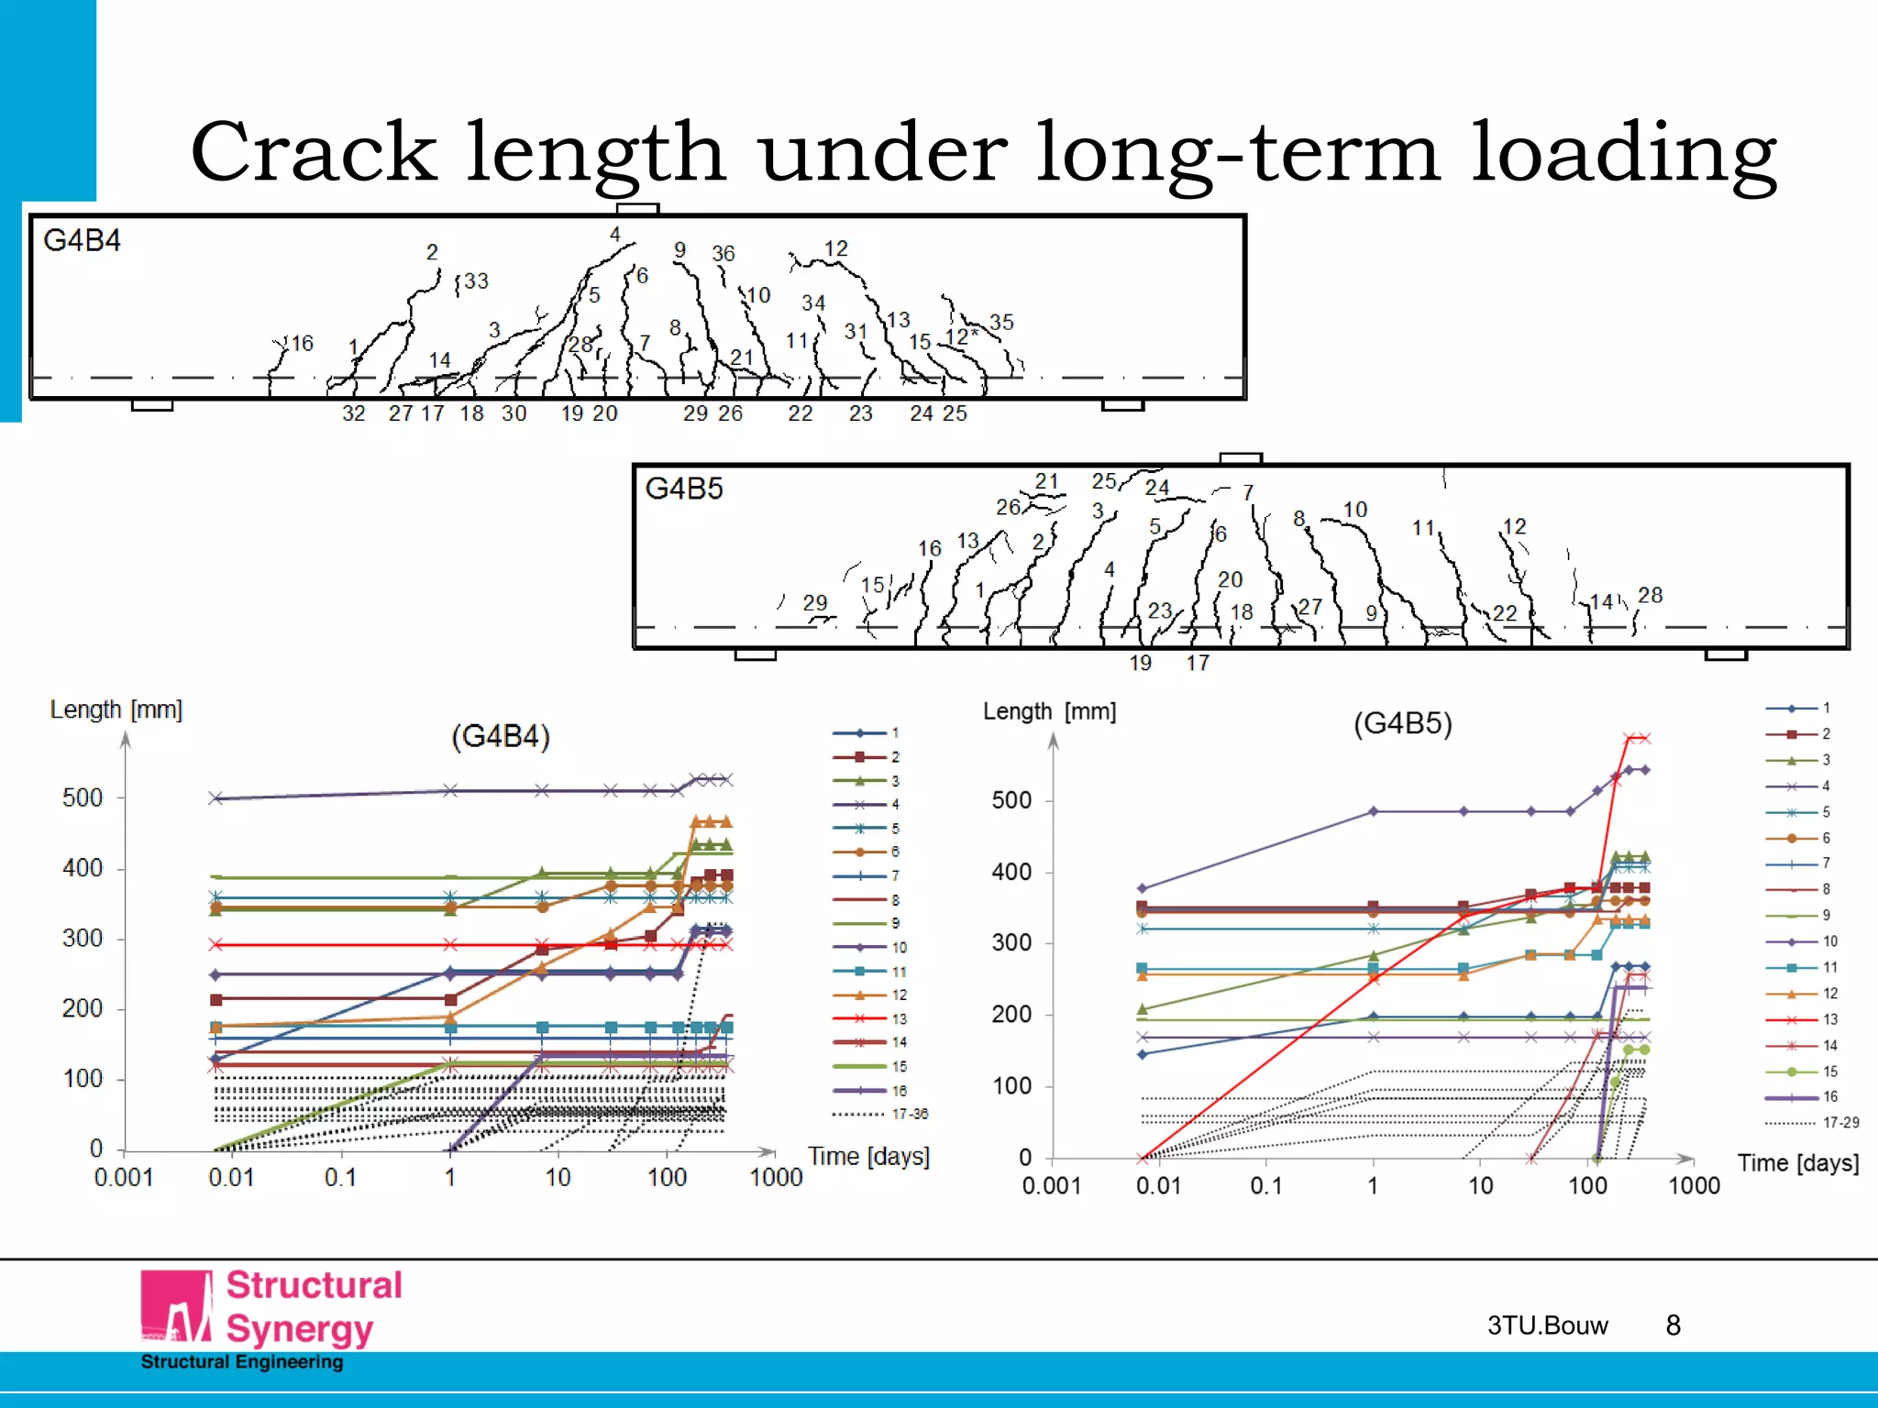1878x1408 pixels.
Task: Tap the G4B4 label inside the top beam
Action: pyautogui.click(x=82, y=241)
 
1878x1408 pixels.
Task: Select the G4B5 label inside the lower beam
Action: pyautogui.click(x=684, y=489)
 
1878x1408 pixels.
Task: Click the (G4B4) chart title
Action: pyautogui.click(x=501, y=736)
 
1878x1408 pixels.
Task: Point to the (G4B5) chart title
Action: pyautogui.click(x=1403, y=723)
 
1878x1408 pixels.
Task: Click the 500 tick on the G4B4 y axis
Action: pyautogui.click(x=83, y=797)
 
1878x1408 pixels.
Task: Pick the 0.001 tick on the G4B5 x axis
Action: pyautogui.click(x=1052, y=1186)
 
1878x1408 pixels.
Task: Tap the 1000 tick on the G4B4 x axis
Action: pyautogui.click(x=776, y=1178)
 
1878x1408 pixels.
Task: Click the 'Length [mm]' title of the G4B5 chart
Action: pyautogui.click(x=1049, y=711)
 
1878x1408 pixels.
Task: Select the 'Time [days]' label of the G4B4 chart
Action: pyautogui.click(x=868, y=1157)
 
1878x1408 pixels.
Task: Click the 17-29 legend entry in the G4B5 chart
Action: pyautogui.click(x=1840, y=1122)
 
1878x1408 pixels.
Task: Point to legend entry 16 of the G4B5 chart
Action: pyautogui.click(x=1830, y=1096)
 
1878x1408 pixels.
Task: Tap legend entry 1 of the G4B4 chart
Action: pyautogui.click(x=895, y=732)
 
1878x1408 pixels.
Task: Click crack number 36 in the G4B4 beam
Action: pyautogui.click(x=724, y=254)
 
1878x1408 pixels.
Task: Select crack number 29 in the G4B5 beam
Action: pyautogui.click(x=815, y=603)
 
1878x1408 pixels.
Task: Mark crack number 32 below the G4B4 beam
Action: pyautogui.click(x=354, y=413)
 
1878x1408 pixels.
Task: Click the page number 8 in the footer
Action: pyautogui.click(x=1674, y=1325)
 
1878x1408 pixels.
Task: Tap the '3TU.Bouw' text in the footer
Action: pyautogui.click(x=1548, y=1325)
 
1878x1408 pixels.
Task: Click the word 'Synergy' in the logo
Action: pyautogui.click(x=300, y=1329)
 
